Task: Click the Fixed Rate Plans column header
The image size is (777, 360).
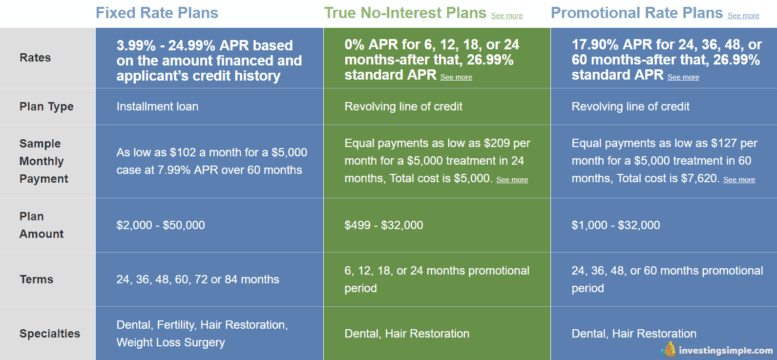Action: (157, 13)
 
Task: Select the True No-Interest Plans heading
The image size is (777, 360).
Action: (405, 13)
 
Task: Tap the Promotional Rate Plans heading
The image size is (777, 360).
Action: (637, 13)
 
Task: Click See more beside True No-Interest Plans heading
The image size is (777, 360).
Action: (507, 16)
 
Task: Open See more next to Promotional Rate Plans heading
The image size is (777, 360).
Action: (743, 16)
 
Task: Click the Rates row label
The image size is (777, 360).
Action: (35, 58)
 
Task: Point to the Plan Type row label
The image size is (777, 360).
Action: (46, 106)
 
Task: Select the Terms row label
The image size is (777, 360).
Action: (37, 279)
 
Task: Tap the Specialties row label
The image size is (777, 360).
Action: (50, 334)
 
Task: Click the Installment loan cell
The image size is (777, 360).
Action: (157, 106)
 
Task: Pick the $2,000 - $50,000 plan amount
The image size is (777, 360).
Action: (161, 225)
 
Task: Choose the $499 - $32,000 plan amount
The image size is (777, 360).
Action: (384, 225)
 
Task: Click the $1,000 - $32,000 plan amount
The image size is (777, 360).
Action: (616, 225)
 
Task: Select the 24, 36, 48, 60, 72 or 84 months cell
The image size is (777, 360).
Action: (198, 279)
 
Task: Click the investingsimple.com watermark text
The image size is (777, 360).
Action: (726, 351)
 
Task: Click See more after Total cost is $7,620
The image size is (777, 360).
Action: (739, 180)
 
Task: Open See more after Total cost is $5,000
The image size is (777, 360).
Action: (512, 180)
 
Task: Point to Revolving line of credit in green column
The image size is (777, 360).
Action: (403, 106)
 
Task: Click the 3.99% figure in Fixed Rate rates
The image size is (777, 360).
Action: (136, 45)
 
